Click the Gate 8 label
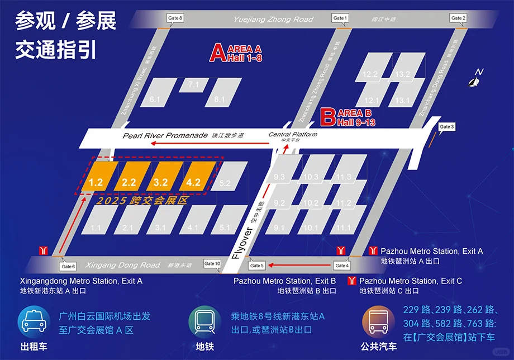pos(175,18)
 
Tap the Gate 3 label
pos(447,127)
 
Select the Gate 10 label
pos(212,264)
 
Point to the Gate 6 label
pos(68,266)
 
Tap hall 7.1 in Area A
pos(193,84)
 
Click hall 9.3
pos(279,177)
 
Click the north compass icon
pos(475,79)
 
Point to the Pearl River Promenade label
pos(165,136)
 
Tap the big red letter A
pos(217,53)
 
